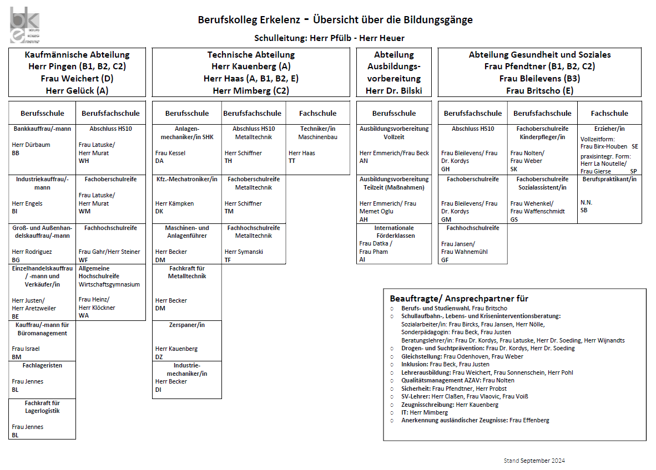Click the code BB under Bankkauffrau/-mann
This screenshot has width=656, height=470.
click(16, 153)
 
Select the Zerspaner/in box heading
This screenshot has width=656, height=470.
click(187, 325)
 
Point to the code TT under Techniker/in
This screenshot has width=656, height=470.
click(292, 161)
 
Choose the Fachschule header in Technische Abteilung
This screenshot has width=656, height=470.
click(317, 113)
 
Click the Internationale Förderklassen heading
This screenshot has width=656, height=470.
click(394, 232)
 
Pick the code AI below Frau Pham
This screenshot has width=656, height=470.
click(362, 259)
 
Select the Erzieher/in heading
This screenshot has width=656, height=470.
click(609, 129)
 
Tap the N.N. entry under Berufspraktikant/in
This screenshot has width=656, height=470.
click(586, 202)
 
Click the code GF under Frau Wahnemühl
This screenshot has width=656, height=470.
click(445, 259)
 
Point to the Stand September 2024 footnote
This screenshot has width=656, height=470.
click(534, 461)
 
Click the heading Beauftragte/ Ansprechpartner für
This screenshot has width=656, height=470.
click(459, 299)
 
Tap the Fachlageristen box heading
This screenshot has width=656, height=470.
click(42, 365)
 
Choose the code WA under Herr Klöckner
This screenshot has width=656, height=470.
click(84, 315)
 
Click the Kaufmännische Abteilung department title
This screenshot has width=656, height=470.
click(77, 55)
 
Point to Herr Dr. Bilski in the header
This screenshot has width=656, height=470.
click(394, 90)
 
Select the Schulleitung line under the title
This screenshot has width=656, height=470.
click(329, 38)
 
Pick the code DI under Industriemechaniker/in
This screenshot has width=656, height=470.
click(159, 390)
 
